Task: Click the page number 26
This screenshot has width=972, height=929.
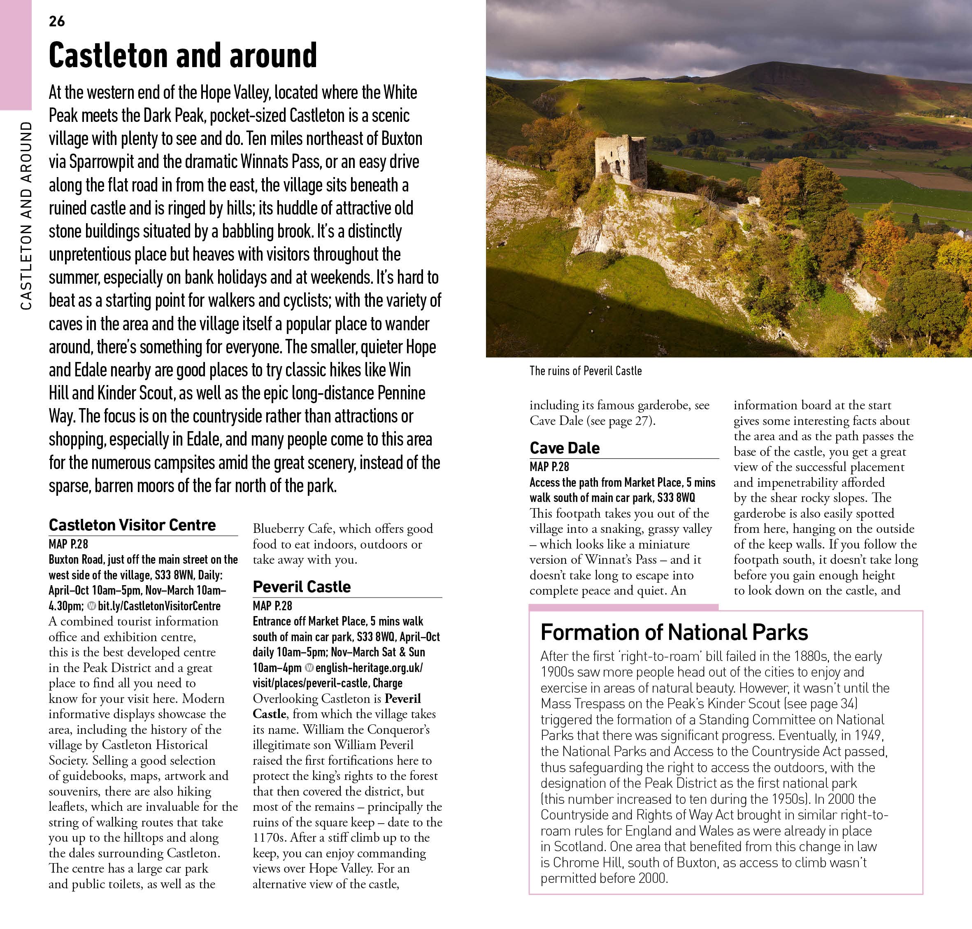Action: pyautogui.click(x=57, y=21)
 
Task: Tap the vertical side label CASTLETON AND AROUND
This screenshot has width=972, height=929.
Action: pyautogui.click(x=26, y=216)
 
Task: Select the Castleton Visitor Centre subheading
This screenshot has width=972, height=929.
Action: pyautogui.click(x=132, y=525)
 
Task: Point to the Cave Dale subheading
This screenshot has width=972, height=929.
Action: pyautogui.click(x=564, y=448)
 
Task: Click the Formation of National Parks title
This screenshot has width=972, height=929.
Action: pyautogui.click(x=674, y=633)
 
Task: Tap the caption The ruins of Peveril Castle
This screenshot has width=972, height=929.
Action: pyautogui.click(x=585, y=371)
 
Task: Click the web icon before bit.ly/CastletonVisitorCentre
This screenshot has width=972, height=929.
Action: pyautogui.click(x=91, y=606)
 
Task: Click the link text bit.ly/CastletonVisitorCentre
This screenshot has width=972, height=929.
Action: pyautogui.click(x=159, y=606)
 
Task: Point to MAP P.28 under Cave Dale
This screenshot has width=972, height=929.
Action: pyautogui.click(x=549, y=467)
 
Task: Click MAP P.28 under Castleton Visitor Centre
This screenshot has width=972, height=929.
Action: pyautogui.click(x=68, y=544)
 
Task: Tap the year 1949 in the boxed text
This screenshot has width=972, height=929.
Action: pyautogui.click(x=867, y=735)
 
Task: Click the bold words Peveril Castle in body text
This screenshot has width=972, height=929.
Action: pyautogui.click(x=337, y=707)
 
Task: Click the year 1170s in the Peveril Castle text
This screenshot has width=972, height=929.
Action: pyautogui.click(x=269, y=838)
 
